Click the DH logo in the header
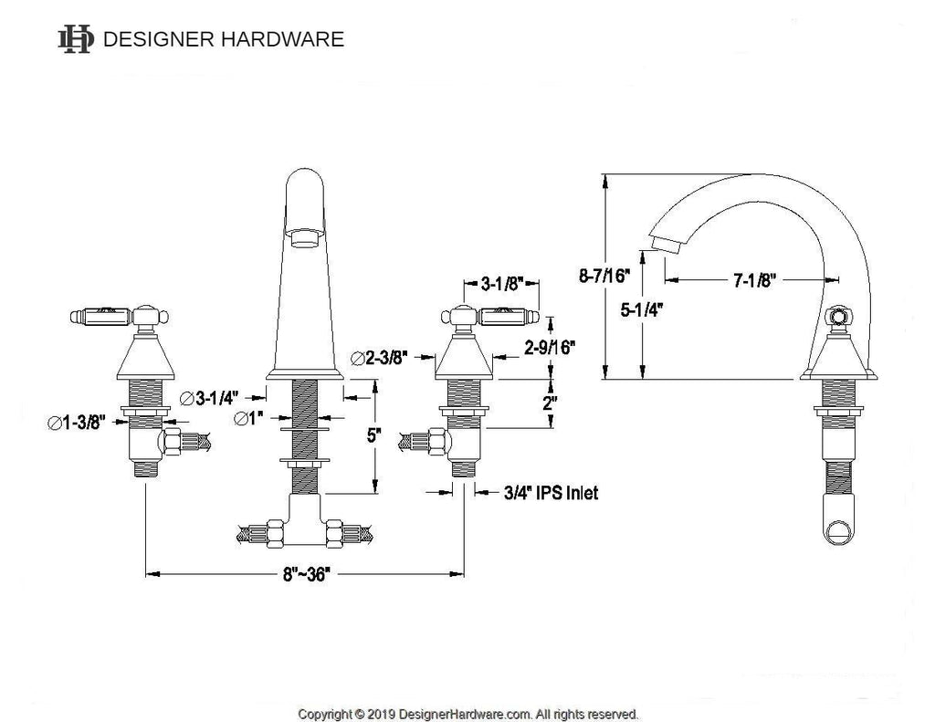point(76,39)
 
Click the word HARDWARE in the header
point(283,39)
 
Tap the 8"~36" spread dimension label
point(306,574)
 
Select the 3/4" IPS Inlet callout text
point(551,493)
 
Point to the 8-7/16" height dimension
point(604,276)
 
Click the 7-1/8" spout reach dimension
point(754,279)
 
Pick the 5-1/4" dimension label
point(642,309)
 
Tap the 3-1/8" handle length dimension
point(501,283)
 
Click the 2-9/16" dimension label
point(550,347)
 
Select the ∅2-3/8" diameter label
point(379,358)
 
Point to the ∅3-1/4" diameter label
point(209,397)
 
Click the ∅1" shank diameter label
point(248,419)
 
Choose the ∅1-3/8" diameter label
point(77,423)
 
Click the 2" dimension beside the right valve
point(550,403)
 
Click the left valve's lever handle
point(100,316)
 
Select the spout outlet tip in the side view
point(667,245)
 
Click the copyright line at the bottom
point(468,714)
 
